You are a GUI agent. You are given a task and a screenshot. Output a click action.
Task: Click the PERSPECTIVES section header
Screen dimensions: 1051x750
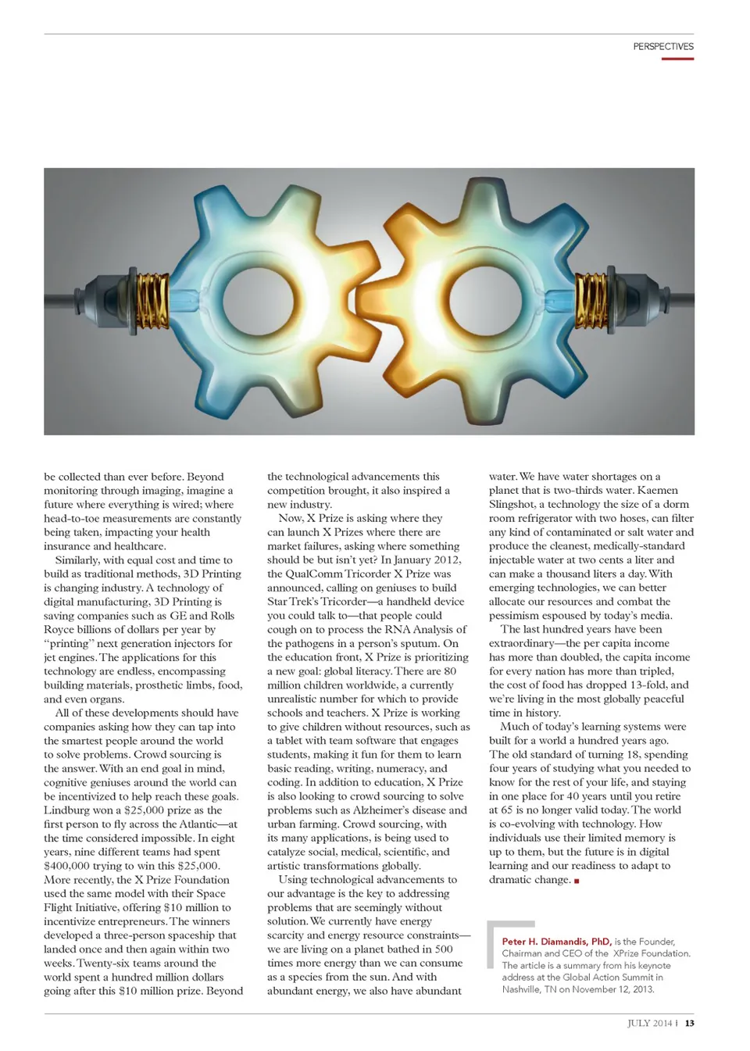pyautogui.click(x=662, y=47)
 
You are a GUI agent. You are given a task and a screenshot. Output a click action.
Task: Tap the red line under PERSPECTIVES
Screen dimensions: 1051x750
pyautogui.click(x=677, y=59)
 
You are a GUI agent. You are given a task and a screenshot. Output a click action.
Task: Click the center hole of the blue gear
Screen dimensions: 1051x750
pyautogui.click(x=258, y=302)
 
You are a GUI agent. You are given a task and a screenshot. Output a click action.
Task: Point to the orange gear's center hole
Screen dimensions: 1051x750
pyautogui.click(x=483, y=302)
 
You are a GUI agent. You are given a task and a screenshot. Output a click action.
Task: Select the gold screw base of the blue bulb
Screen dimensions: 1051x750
pyautogui.click(x=153, y=301)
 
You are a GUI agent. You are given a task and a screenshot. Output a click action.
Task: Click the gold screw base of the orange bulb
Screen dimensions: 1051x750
pyautogui.click(x=591, y=301)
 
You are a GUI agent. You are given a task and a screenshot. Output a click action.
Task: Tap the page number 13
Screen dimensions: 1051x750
pyautogui.click(x=689, y=1023)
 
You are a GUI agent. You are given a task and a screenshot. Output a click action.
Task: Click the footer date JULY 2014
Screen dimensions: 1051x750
pyautogui.click(x=649, y=1023)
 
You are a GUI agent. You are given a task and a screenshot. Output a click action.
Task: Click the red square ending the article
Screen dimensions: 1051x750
pyautogui.click(x=577, y=881)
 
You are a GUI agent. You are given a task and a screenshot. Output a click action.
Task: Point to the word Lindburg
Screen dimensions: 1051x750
pyautogui.click(x=67, y=810)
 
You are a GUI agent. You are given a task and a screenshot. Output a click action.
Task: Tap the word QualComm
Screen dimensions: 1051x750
pyautogui.click(x=313, y=574)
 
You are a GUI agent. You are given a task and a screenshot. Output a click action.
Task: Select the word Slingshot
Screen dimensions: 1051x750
pyautogui.click(x=512, y=505)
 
